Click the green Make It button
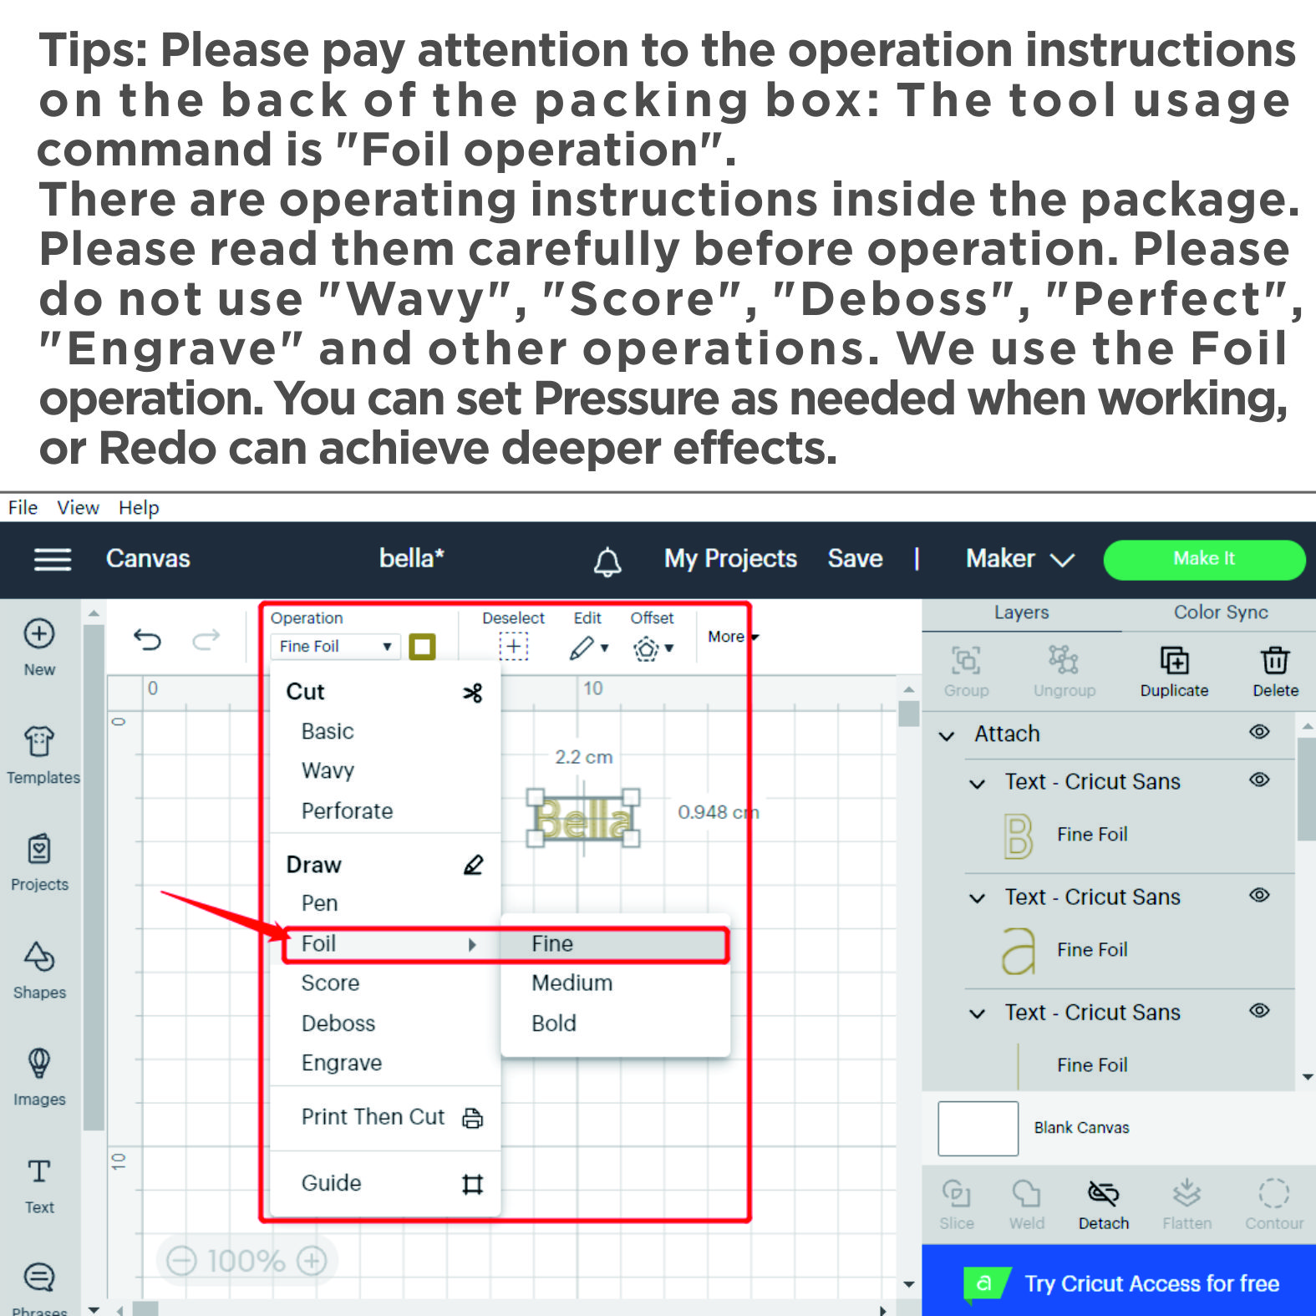[x=1204, y=559]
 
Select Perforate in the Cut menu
[x=347, y=810]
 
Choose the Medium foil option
[x=572, y=983]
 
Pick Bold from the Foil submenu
[x=554, y=1023]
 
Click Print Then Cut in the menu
[x=373, y=1116]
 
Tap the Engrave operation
[x=342, y=1063]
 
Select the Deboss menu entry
[x=338, y=1023]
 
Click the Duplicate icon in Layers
[x=1175, y=660]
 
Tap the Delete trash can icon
[x=1275, y=660]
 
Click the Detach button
[x=1104, y=1204]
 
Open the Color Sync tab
[x=1221, y=612]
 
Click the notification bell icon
[x=607, y=561]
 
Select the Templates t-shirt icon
[x=39, y=740]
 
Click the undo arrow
[x=147, y=640]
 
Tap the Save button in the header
[x=855, y=558]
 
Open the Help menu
[x=139, y=507]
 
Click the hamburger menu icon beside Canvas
[x=53, y=559]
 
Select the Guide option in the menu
[x=332, y=1183]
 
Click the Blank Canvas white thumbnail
[x=978, y=1128]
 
